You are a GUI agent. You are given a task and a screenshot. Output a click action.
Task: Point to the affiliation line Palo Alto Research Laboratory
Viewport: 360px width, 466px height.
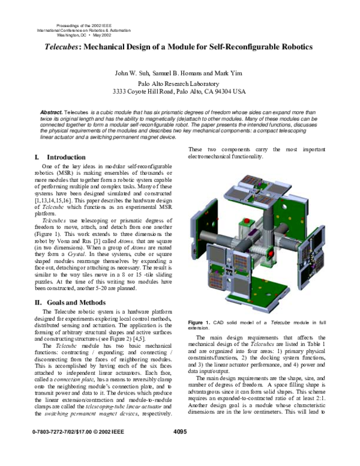[180, 83]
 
